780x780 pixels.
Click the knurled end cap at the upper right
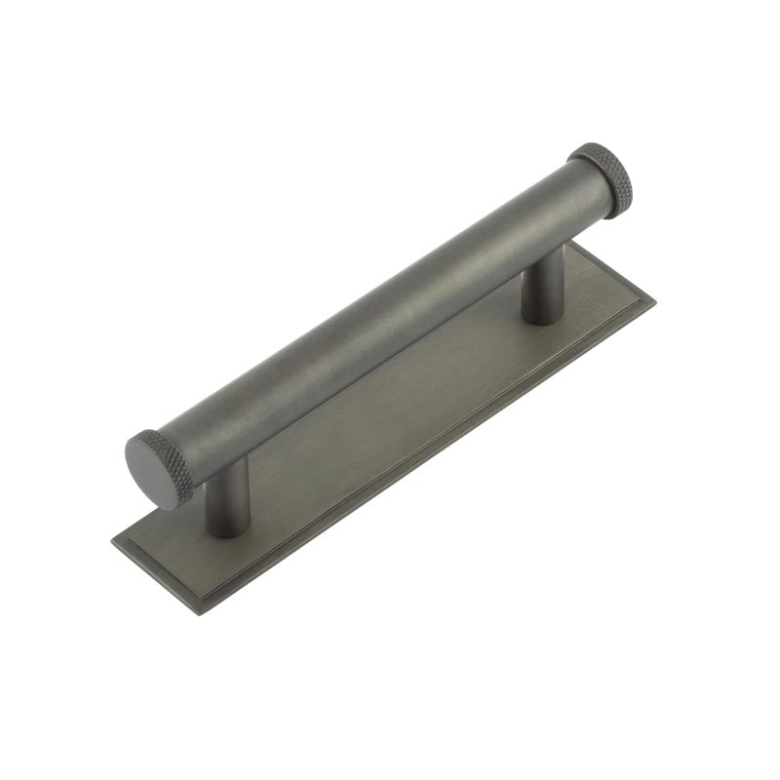603,177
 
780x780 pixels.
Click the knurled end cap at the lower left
156,468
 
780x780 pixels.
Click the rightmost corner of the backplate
654,302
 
